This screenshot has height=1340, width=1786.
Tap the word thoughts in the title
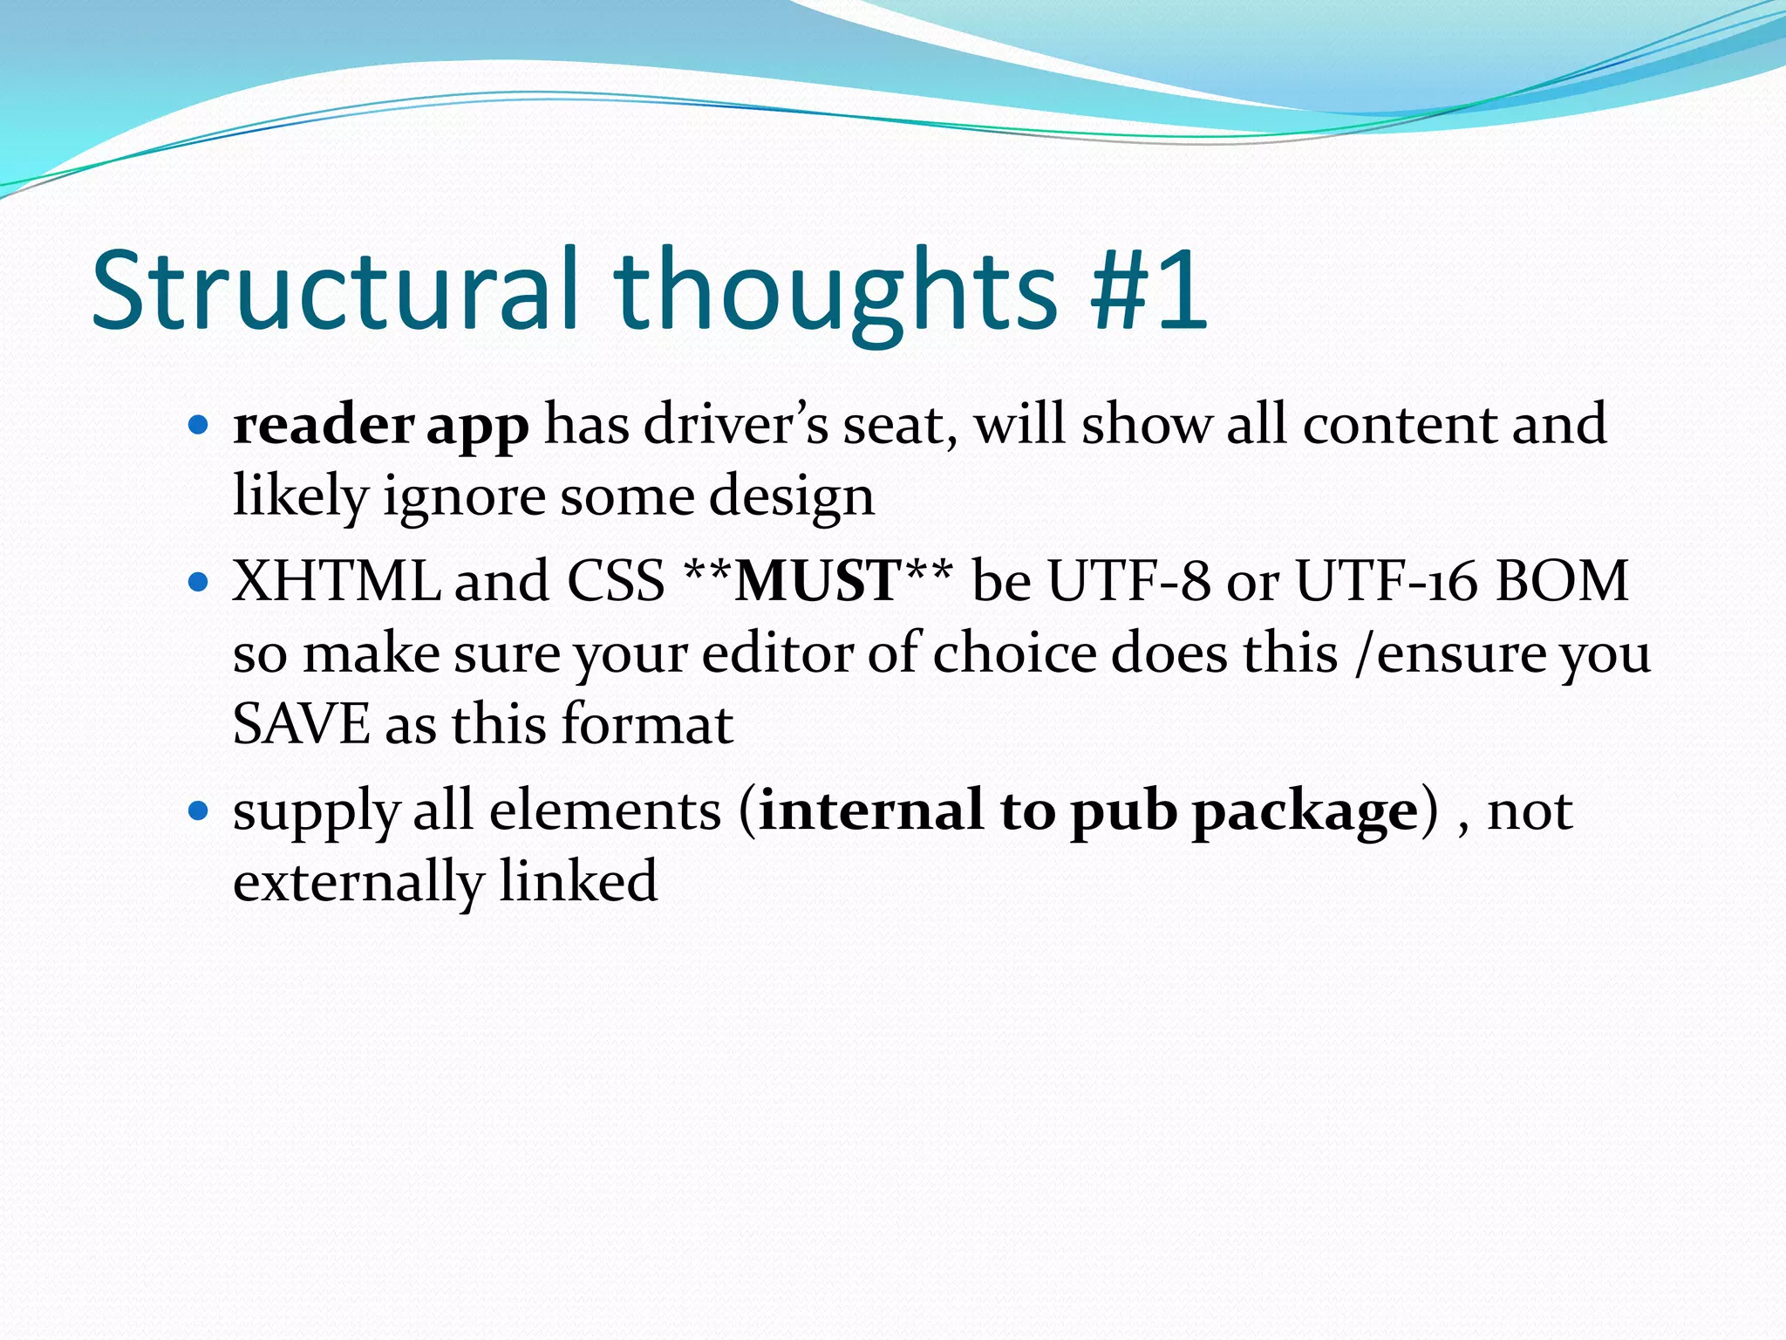(x=835, y=292)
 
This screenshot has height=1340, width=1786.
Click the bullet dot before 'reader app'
(x=199, y=426)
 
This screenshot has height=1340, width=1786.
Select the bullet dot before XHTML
(x=199, y=582)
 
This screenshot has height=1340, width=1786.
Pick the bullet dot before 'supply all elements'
(x=199, y=811)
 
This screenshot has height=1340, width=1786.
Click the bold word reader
(x=323, y=426)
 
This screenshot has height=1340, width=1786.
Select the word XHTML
(x=337, y=581)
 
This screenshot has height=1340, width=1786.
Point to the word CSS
(x=616, y=581)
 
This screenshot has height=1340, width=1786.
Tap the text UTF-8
(x=1129, y=581)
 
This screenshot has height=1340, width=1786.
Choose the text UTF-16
(x=1387, y=581)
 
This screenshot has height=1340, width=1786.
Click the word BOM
(x=1561, y=581)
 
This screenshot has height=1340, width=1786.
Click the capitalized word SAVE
(x=302, y=724)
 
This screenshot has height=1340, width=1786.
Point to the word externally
(x=358, y=883)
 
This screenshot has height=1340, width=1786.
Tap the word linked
(x=578, y=881)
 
